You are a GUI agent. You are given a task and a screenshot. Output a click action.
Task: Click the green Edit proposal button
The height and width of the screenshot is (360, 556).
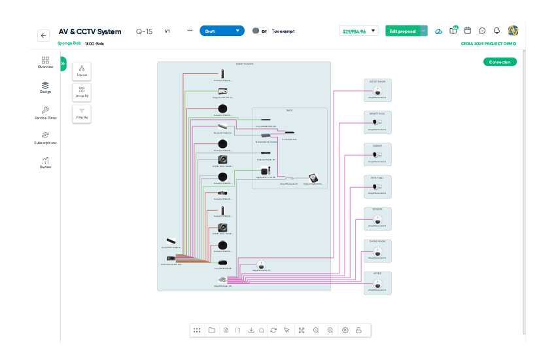(x=402, y=31)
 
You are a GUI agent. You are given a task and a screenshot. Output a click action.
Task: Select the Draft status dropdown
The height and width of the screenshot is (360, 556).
(x=221, y=31)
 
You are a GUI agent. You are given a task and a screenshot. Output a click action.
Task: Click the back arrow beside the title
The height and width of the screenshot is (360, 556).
(x=43, y=36)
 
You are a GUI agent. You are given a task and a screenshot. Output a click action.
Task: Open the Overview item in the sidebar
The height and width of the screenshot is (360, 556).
(x=45, y=62)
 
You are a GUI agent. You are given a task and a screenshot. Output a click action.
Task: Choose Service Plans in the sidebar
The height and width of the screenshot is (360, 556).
(x=45, y=113)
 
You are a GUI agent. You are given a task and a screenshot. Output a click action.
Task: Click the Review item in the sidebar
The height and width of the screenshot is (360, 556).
(x=45, y=162)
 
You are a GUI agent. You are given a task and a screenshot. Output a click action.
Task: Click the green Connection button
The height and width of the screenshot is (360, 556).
(x=500, y=62)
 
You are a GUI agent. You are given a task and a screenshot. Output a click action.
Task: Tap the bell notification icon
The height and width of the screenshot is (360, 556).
(x=496, y=31)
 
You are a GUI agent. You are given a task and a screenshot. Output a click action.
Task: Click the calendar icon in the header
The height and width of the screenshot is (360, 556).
(x=468, y=31)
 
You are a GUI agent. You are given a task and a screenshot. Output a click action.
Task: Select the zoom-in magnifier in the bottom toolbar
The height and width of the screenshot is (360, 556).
(x=330, y=331)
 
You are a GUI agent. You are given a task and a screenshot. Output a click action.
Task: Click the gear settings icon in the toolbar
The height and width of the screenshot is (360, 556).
(x=345, y=331)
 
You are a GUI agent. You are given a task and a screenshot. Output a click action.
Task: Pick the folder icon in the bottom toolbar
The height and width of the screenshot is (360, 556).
(x=212, y=331)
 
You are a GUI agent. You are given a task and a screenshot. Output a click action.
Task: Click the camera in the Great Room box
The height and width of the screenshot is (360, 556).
(x=377, y=91)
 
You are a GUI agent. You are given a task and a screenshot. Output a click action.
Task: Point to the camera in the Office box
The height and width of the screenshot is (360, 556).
(x=377, y=284)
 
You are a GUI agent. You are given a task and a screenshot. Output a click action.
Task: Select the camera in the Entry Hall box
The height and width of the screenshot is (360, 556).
(x=377, y=187)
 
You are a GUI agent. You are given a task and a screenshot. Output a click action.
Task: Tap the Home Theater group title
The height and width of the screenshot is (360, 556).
(x=245, y=64)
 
